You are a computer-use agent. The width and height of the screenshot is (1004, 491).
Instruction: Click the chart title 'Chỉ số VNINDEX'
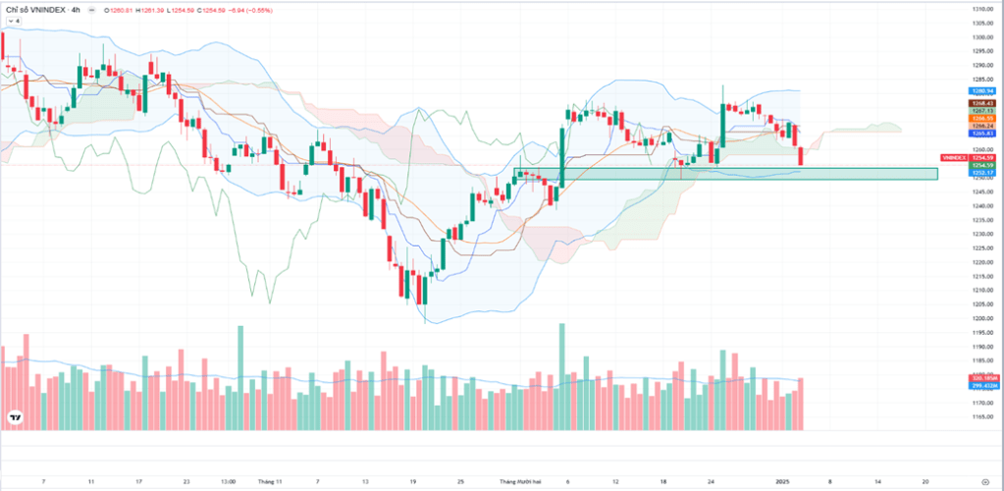click(x=36, y=9)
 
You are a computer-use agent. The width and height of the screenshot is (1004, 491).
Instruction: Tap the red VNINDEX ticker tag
click(x=953, y=157)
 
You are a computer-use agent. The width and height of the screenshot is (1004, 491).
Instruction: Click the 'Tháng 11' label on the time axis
click(x=270, y=482)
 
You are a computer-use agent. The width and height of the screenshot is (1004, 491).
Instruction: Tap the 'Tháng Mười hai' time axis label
click(x=520, y=482)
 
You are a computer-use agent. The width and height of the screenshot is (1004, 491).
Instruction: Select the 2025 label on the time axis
click(x=782, y=482)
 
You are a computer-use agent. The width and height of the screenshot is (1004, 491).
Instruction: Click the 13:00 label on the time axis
click(x=227, y=482)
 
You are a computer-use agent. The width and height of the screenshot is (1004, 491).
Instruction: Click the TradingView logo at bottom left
click(x=15, y=418)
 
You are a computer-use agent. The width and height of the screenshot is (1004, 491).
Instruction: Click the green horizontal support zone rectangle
click(x=746, y=174)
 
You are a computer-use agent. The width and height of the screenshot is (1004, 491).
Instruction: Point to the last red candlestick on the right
click(x=802, y=155)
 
